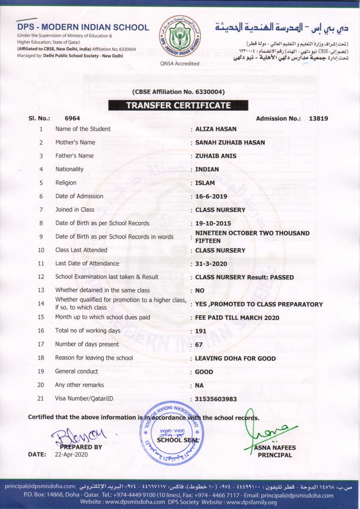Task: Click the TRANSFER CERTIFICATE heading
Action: (178, 105)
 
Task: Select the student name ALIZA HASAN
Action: (216, 129)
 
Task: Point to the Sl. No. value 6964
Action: (72, 118)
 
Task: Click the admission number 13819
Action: (318, 118)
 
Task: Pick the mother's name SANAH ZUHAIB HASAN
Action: (230, 142)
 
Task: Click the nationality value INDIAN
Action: (207, 169)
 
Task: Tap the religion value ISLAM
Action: (205, 183)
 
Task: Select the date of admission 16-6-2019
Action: (211, 196)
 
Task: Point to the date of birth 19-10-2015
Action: (213, 223)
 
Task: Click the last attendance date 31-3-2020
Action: (211, 264)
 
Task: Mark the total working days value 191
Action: (201, 331)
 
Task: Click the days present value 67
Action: (199, 344)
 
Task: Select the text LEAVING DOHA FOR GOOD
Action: (235, 358)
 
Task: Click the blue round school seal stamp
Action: (172, 434)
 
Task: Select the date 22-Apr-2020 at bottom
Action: (71, 455)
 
